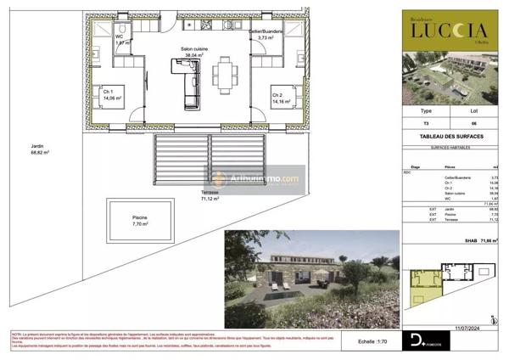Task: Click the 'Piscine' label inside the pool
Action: pos(139,221)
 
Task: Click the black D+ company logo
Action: pos(418,341)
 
